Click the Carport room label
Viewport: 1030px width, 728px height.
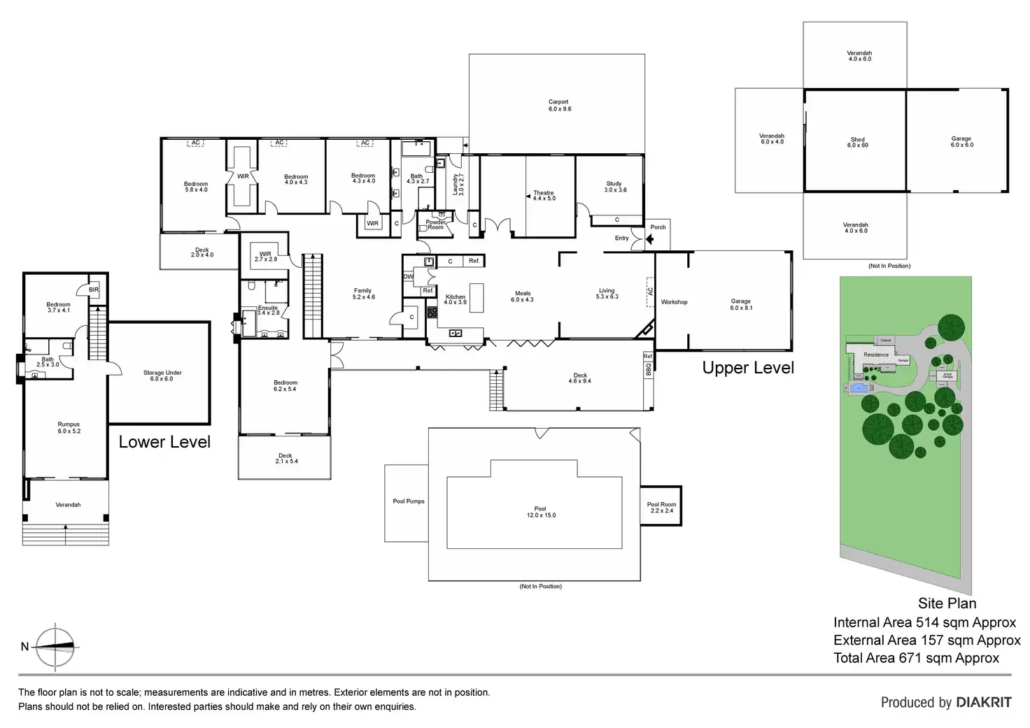pos(558,106)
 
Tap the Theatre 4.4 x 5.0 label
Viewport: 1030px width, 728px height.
pos(544,196)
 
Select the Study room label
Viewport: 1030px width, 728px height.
pos(615,187)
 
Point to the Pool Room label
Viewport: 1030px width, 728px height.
pos(661,507)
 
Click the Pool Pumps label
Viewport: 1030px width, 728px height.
pos(409,501)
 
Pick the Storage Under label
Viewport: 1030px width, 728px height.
pos(162,376)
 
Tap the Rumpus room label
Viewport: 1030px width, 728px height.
pos(69,427)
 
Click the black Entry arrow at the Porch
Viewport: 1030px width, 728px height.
pos(649,239)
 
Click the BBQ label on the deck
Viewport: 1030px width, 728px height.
pos(648,369)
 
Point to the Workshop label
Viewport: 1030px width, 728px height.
pos(674,302)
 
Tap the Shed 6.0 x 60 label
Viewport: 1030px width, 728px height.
pos(857,143)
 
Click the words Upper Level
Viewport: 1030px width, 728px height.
pos(748,368)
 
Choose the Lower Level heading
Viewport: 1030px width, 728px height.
pos(164,442)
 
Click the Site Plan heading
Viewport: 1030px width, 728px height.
pos(947,603)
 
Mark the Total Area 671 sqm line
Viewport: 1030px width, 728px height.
pos(916,657)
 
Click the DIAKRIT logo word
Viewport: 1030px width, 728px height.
pos(983,702)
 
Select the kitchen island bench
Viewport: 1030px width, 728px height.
pos(477,297)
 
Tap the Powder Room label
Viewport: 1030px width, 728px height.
pos(435,224)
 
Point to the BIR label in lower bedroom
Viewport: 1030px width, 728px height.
pos(94,290)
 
